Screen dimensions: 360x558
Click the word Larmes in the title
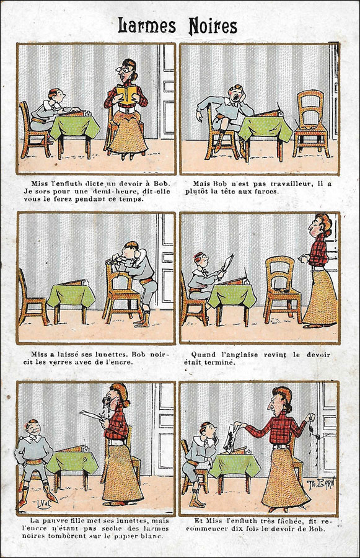click(147, 25)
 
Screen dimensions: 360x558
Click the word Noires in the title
click(213, 26)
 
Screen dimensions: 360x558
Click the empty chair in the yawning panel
click(310, 123)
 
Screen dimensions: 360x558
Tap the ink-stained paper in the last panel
click(231, 436)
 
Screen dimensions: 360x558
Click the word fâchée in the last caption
click(288, 521)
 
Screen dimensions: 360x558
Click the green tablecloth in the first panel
click(75, 127)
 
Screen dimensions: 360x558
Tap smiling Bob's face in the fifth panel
click(33, 428)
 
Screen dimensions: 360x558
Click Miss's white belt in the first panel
click(127, 110)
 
